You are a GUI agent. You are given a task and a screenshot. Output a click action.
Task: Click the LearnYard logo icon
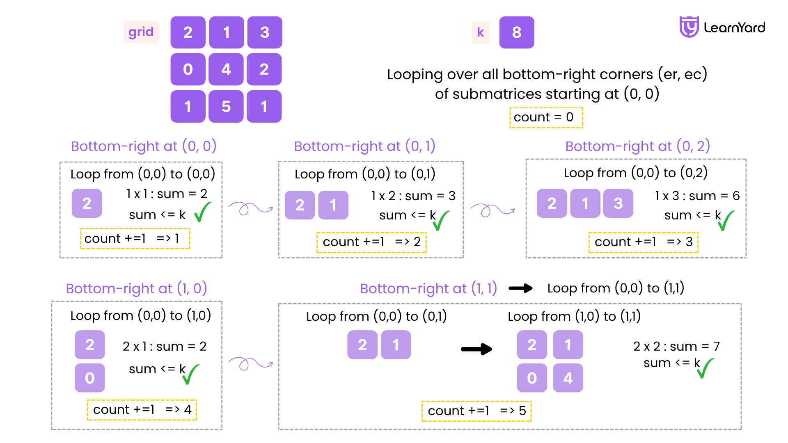689,27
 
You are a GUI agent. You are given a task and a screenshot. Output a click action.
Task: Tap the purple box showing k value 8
517,32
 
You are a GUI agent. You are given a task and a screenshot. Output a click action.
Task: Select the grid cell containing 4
226,69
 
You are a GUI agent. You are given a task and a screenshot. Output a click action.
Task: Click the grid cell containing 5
226,107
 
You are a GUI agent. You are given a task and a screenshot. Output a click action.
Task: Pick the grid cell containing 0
188,69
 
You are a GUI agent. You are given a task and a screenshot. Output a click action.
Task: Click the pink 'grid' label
141,32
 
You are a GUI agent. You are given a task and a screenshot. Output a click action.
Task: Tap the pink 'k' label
480,32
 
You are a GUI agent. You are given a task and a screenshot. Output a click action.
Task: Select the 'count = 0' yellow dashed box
546,118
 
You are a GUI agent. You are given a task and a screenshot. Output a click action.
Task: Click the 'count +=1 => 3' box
643,242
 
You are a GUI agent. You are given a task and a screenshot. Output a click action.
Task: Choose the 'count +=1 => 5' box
476,411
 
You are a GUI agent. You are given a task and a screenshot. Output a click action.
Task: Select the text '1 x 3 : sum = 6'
697,196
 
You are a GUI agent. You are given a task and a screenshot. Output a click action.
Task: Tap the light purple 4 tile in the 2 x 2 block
568,378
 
